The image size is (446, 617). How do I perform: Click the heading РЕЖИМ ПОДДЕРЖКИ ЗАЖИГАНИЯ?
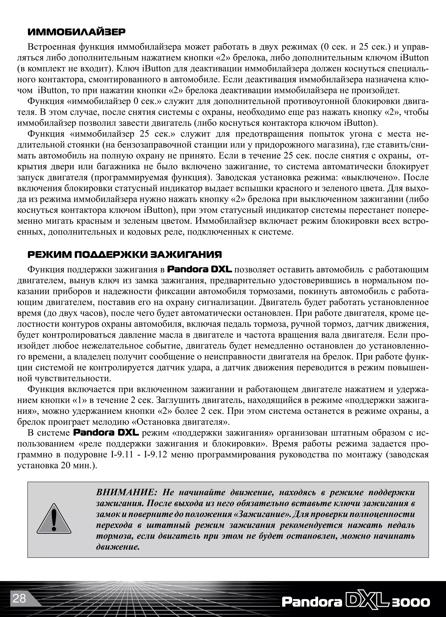tap(125, 254)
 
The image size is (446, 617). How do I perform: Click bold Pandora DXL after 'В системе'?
tap(106, 433)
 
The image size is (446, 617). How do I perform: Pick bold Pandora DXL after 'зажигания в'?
tap(199, 269)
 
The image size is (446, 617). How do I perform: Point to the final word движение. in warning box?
tap(118, 547)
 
